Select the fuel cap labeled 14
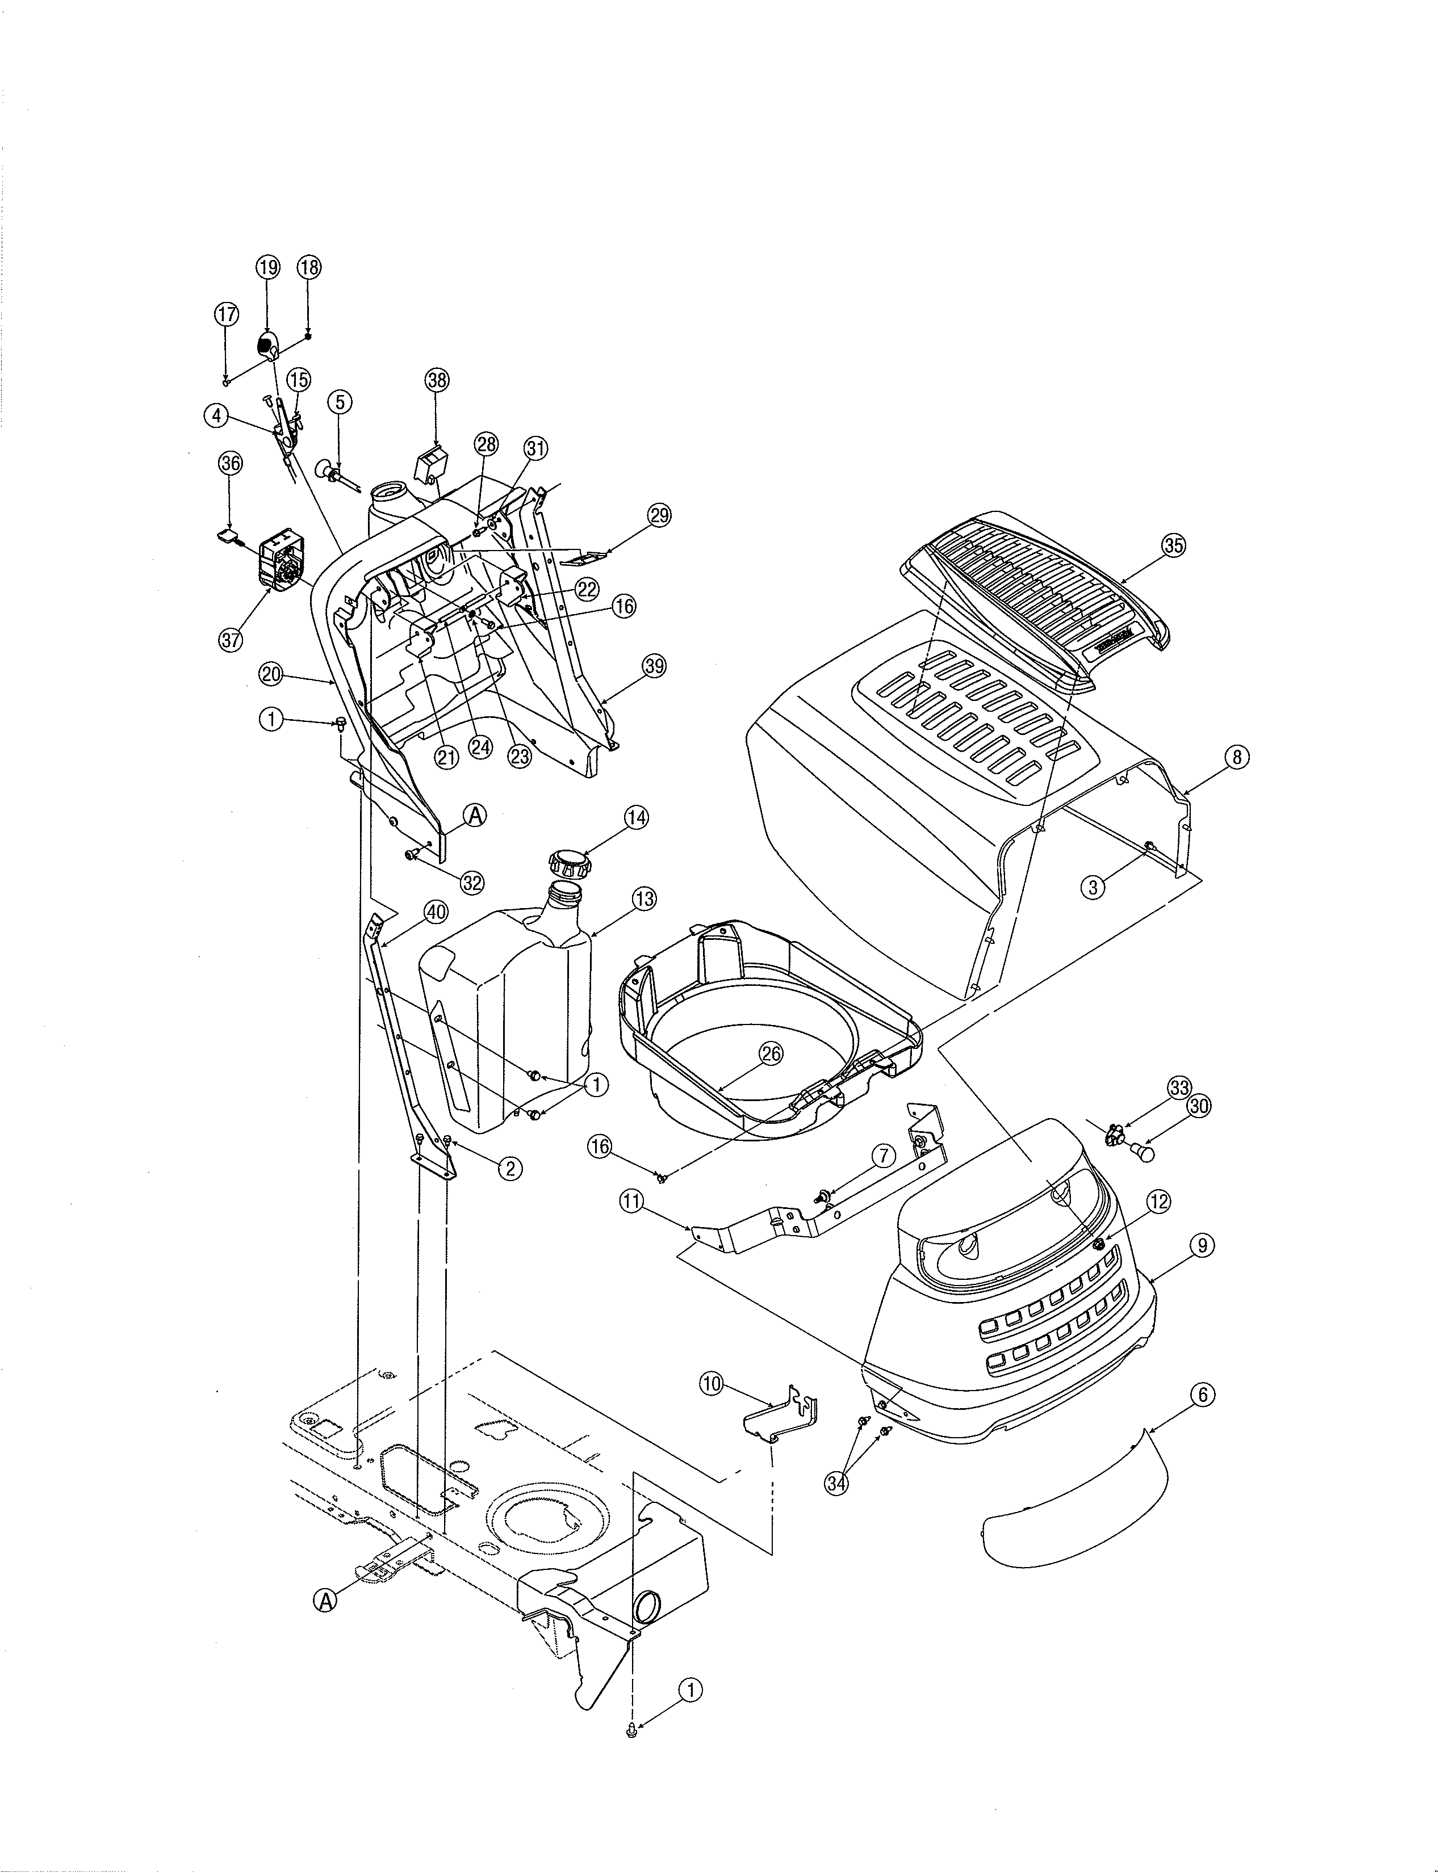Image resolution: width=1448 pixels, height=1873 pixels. point(568,860)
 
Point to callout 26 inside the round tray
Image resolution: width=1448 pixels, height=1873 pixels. point(771,1054)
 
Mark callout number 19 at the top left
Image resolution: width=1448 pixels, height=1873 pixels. point(267,267)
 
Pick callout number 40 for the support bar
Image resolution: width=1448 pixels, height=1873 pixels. point(436,913)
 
